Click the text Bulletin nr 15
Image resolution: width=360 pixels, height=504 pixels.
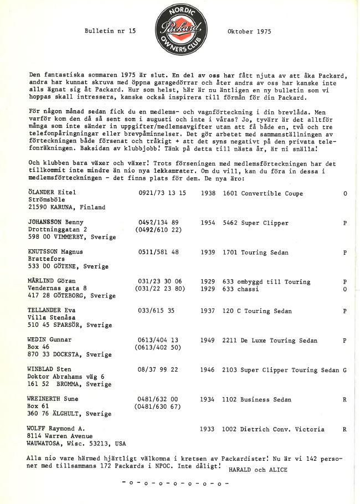[110, 32]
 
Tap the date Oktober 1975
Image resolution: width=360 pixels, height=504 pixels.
[249, 32]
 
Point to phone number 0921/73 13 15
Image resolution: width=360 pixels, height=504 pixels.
[162, 193]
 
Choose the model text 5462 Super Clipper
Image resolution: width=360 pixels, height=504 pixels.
[255, 223]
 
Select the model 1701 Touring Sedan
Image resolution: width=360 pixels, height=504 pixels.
[255, 252]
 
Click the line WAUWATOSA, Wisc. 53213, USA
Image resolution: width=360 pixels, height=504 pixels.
[76, 443]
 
